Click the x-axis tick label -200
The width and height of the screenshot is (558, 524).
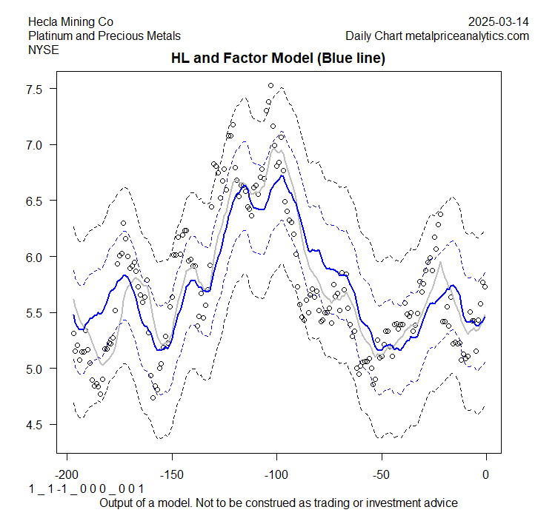pos(67,474)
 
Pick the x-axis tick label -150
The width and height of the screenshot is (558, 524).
pos(172,474)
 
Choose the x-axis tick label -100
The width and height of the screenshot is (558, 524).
pos(276,474)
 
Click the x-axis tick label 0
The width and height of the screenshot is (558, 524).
pos(486,474)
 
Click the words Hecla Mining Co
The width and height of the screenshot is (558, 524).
pos(71,21)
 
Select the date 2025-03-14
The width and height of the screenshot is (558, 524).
pos(499,21)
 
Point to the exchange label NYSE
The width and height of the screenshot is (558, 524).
pos(44,50)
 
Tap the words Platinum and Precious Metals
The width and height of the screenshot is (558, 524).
pos(104,36)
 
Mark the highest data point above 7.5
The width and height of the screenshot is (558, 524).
pos(271,86)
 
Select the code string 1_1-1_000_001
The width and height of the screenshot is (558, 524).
pos(86,489)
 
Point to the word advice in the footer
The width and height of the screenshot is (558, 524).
pos(442,503)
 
